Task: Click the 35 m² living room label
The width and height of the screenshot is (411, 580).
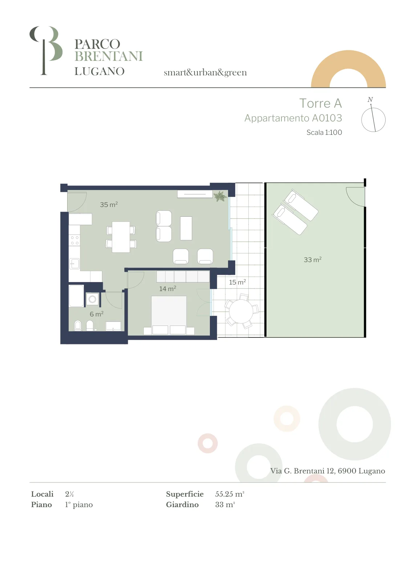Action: coord(109,204)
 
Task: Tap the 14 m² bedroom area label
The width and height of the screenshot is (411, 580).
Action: coord(167,289)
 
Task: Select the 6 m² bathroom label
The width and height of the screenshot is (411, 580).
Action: coord(97,314)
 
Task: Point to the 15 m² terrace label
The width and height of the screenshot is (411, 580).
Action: coord(237,282)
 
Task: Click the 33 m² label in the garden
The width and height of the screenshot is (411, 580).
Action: coord(313,260)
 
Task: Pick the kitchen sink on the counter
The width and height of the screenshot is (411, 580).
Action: coord(74,264)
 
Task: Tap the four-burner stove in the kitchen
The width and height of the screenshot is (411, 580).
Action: coord(75,240)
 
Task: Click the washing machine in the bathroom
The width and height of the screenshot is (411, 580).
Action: coord(92,299)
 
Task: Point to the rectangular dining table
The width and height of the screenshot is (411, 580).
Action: coord(121,237)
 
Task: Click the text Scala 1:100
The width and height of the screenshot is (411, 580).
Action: coord(324,132)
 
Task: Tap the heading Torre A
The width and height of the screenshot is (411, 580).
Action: coord(321,103)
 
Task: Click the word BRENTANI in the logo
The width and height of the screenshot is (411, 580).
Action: coord(109,56)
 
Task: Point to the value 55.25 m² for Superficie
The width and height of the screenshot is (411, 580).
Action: coord(230,494)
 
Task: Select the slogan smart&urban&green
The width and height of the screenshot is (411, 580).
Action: coord(205,72)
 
